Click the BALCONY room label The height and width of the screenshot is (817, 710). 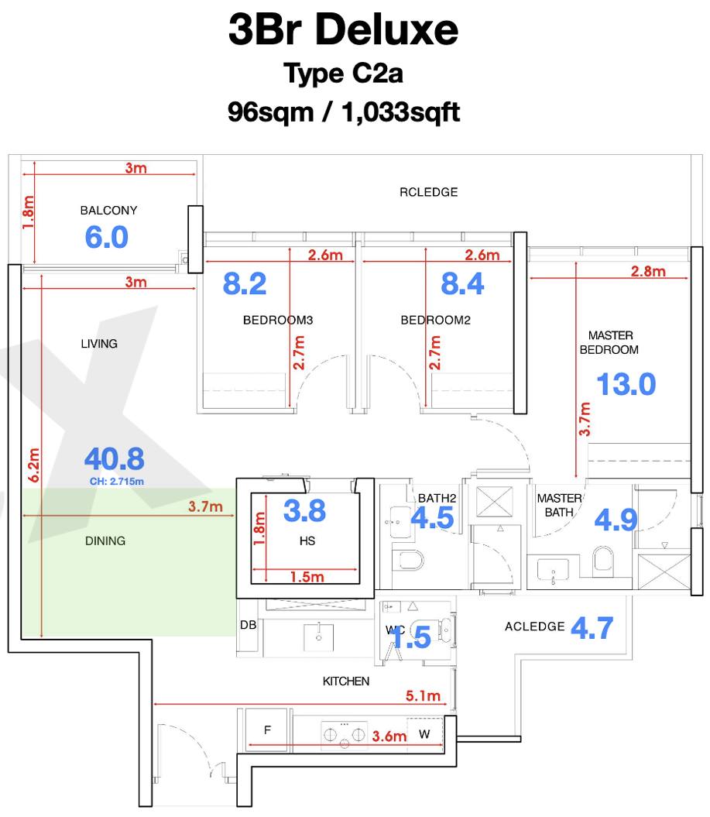click(108, 211)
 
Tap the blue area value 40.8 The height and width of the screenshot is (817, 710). click(114, 459)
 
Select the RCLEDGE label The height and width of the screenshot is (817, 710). click(429, 192)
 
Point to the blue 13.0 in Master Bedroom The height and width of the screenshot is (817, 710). click(626, 385)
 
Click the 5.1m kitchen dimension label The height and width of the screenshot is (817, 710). click(423, 695)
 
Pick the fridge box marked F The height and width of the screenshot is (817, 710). click(266, 729)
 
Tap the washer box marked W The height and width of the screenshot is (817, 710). click(424, 734)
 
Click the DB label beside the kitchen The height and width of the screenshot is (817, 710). click(248, 625)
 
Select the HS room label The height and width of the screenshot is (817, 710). click(307, 541)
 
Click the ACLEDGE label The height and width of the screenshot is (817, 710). click(534, 626)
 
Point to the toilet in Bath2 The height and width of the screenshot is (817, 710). click(411, 561)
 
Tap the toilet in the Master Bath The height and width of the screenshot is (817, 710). click(603, 559)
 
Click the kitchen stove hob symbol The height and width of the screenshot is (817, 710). click(345, 735)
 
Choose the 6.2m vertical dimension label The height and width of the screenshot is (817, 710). click(33, 465)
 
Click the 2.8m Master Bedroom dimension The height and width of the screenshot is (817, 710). click(648, 272)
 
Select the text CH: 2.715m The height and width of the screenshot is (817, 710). click(117, 482)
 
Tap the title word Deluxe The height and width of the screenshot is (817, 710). click(386, 29)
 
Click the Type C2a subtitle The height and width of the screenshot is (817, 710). click(343, 74)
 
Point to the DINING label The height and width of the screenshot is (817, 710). click(105, 541)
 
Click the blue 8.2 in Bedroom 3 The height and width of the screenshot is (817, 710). click(245, 284)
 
